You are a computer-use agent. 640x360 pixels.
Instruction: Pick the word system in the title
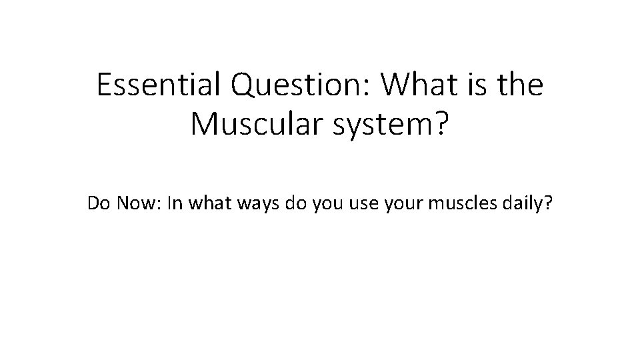[x=379, y=125]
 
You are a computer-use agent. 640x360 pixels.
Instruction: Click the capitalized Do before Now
[x=99, y=203]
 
